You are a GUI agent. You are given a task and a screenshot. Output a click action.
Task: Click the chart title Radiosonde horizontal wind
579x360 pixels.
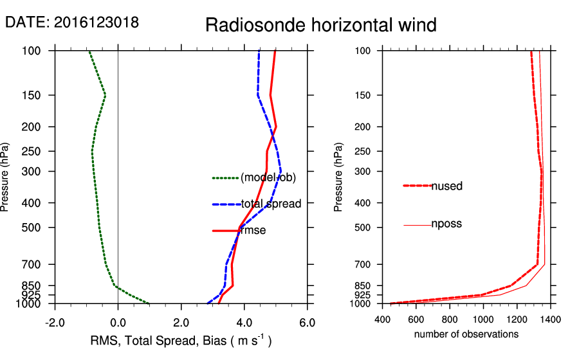(x=321, y=25)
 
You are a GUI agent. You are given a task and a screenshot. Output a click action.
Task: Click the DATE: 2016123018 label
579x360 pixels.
(x=72, y=22)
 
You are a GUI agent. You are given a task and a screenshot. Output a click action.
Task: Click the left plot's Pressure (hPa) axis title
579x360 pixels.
(x=6, y=177)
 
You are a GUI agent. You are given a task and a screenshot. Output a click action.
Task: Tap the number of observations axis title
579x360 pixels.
(x=466, y=334)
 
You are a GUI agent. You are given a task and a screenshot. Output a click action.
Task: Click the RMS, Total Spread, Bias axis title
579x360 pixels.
(x=180, y=341)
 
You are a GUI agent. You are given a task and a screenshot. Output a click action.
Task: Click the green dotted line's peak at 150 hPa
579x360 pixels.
(x=105, y=95)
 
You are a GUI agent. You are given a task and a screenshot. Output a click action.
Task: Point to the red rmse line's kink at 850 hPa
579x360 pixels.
(x=232, y=285)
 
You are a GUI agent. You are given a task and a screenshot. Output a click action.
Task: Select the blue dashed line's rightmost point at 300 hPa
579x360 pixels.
(x=280, y=171)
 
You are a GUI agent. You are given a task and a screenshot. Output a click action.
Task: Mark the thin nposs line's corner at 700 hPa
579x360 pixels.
(x=545, y=264)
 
